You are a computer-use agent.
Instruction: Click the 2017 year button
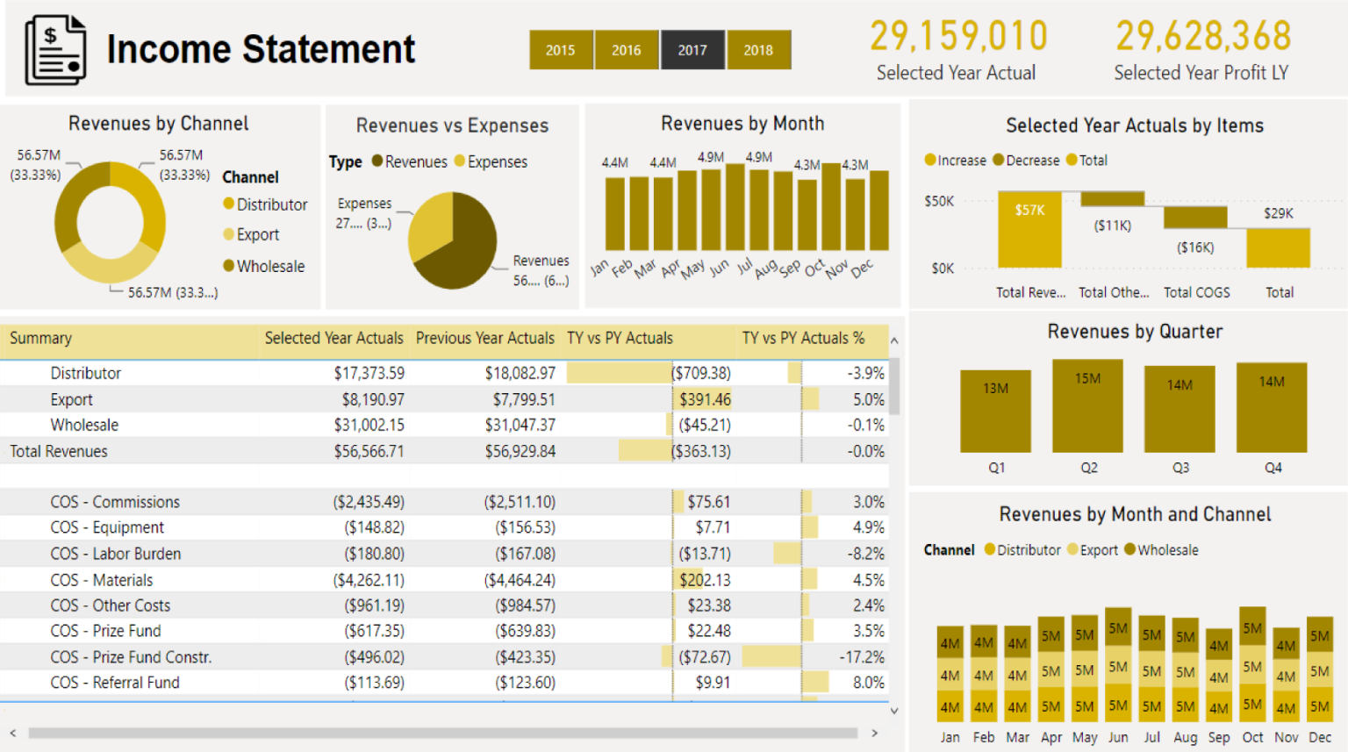pos(692,50)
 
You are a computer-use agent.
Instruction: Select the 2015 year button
pos(561,50)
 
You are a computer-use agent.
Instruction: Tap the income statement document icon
pos(55,50)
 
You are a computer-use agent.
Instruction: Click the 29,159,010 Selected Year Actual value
pos(958,37)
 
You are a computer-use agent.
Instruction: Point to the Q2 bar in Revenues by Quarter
pos(1087,406)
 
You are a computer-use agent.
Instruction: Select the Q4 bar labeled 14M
pos(1272,408)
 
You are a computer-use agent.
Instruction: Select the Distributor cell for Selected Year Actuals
pos(369,374)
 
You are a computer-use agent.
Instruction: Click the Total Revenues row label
pos(59,452)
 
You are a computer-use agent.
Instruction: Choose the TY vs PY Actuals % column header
pos(803,339)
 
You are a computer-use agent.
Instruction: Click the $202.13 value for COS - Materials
pos(705,580)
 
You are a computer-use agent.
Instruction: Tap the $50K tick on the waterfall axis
pos(939,202)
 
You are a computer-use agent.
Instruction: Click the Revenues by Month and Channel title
pos(1135,515)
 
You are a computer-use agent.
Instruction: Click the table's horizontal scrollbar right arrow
pos(874,733)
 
